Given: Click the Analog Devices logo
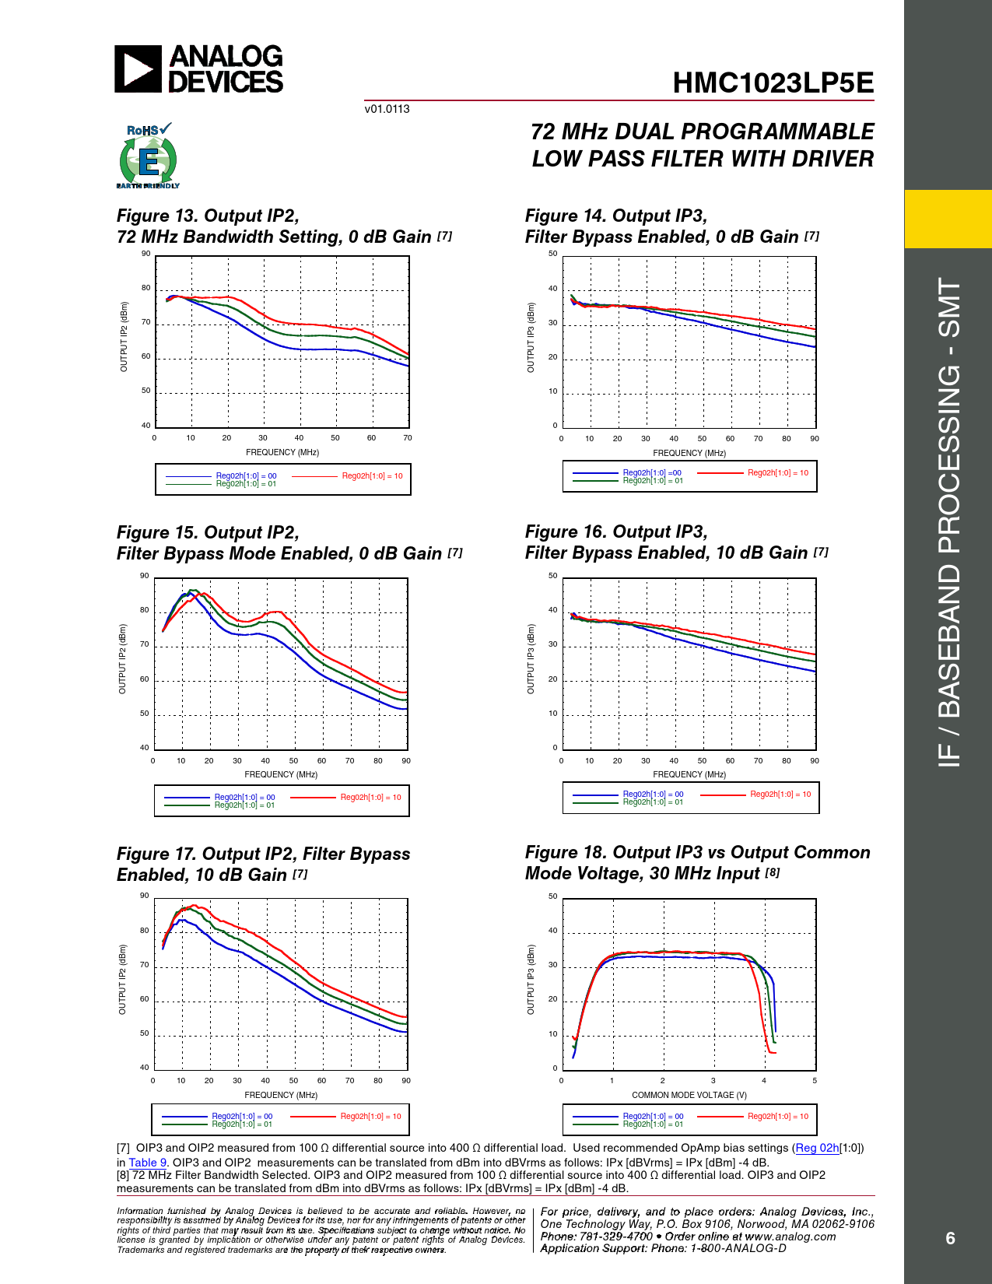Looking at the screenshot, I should [x=199, y=69].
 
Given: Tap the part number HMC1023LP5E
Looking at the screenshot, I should [x=773, y=83].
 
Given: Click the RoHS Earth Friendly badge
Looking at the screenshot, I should [x=148, y=156].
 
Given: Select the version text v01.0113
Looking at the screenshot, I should [x=387, y=109].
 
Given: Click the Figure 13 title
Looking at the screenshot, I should [x=284, y=226].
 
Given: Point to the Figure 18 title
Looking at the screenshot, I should [x=697, y=863].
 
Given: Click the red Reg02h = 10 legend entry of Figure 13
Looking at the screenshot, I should [x=372, y=476].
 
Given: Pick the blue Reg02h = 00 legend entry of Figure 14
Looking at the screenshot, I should [x=652, y=472].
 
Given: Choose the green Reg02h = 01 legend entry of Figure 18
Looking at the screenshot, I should [x=653, y=1124].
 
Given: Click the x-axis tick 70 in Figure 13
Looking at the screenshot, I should [x=408, y=438].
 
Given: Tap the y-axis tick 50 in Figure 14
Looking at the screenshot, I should [x=553, y=254].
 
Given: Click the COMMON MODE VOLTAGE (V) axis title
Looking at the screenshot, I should [x=689, y=1095].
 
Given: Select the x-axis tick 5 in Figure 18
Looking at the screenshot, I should [x=815, y=1081].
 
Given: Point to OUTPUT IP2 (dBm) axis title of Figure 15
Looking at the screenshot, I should [x=123, y=659].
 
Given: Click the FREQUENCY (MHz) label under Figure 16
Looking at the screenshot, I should [x=689, y=774].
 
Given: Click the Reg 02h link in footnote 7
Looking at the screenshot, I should [x=817, y=1148].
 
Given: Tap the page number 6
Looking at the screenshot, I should [x=950, y=1238].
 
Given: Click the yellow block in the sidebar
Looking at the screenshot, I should [x=948, y=219].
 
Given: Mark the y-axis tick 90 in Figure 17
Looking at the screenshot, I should [x=145, y=896].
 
